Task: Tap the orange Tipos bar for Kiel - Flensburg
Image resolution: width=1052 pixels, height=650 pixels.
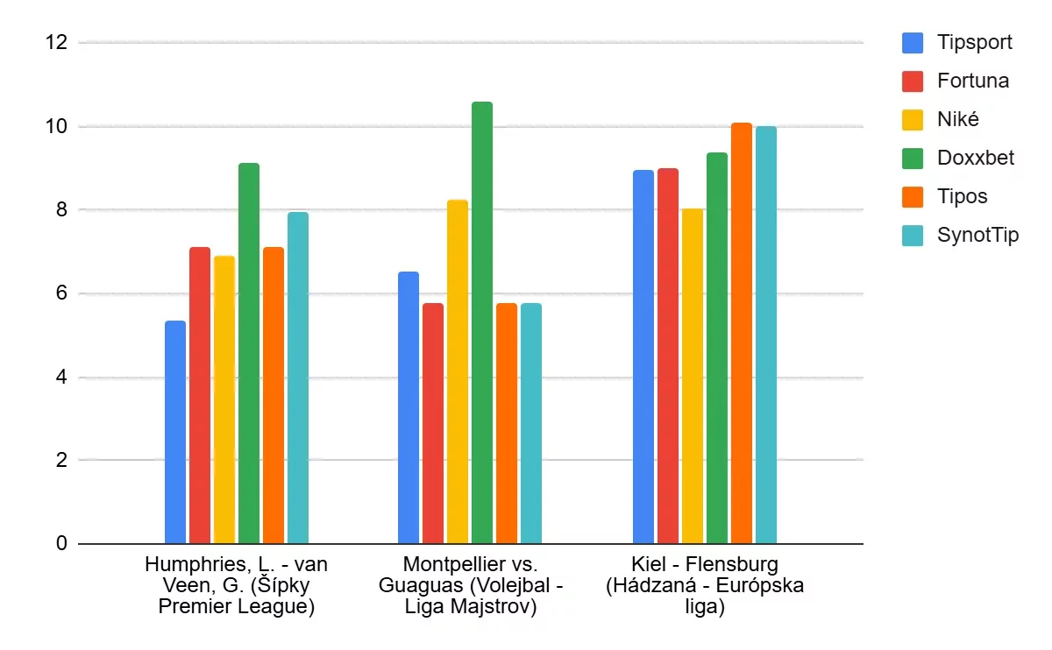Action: point(742,333)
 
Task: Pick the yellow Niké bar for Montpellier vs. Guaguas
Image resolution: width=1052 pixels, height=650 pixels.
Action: point(458,371)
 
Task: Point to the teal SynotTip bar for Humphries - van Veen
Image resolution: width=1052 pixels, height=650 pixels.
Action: point(298,378)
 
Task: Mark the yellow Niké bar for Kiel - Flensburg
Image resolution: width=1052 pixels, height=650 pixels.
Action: point(693,376)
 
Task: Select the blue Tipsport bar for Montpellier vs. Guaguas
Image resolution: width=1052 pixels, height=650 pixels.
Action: point(409,407)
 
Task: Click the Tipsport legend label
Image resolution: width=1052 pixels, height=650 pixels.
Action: point(974,42)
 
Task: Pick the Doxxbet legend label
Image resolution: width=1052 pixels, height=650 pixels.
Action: point(976,158)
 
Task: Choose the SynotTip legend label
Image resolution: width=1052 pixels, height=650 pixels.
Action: point(977,235)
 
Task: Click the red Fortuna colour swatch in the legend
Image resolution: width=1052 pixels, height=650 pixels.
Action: point(913,81)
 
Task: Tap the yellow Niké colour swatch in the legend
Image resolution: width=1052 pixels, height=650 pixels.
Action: point(913,119)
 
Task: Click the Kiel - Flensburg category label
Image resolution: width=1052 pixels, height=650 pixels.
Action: point(704,585)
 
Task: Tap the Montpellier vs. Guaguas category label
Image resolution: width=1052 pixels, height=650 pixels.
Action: point(470,585)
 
